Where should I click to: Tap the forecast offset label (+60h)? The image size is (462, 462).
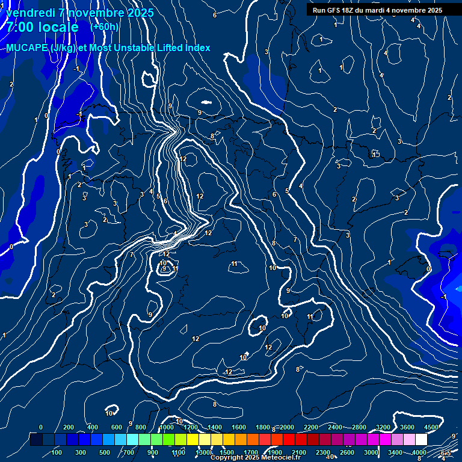[105, 27]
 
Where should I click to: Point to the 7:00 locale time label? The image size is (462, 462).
[42, 28]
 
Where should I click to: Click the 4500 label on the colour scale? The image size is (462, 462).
[431, 427]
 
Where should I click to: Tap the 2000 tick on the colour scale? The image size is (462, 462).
[286, 427]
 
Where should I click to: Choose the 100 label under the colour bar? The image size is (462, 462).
[57, 452]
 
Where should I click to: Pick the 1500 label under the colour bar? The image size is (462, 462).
[227, 452]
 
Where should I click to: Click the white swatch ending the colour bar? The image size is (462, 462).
[421, 440]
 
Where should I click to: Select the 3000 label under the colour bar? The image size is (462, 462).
[371, 452]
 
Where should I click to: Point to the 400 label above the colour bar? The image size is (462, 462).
[93, 427]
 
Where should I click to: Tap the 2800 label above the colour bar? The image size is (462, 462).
[359, 427]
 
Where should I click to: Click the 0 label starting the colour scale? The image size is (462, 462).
[41, 427]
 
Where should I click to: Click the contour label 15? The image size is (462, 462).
[375, 155]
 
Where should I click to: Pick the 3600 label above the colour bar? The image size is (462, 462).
[407, 427]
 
